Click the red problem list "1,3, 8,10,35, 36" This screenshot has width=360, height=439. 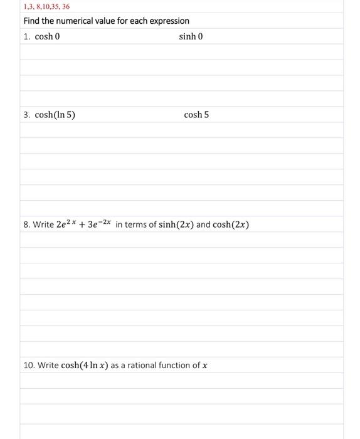click(46, 7)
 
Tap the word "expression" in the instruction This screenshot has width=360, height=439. click(167, 21)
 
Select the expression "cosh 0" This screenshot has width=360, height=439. click(47, 36)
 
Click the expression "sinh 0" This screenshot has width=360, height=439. click(191, 36)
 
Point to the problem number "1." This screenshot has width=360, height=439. click(27, 36)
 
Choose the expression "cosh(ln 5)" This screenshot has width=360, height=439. click(55, 115)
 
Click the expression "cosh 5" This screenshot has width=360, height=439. click(196, 115)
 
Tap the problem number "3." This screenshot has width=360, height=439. click(27, 115)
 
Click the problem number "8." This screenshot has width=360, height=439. click(27, 225)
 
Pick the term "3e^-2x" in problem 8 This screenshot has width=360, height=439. click(99, 224)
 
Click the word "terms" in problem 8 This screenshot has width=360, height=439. click(136, 225)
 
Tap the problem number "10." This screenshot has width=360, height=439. click(29, 366)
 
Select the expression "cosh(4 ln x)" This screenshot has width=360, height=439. click(85, 366)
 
